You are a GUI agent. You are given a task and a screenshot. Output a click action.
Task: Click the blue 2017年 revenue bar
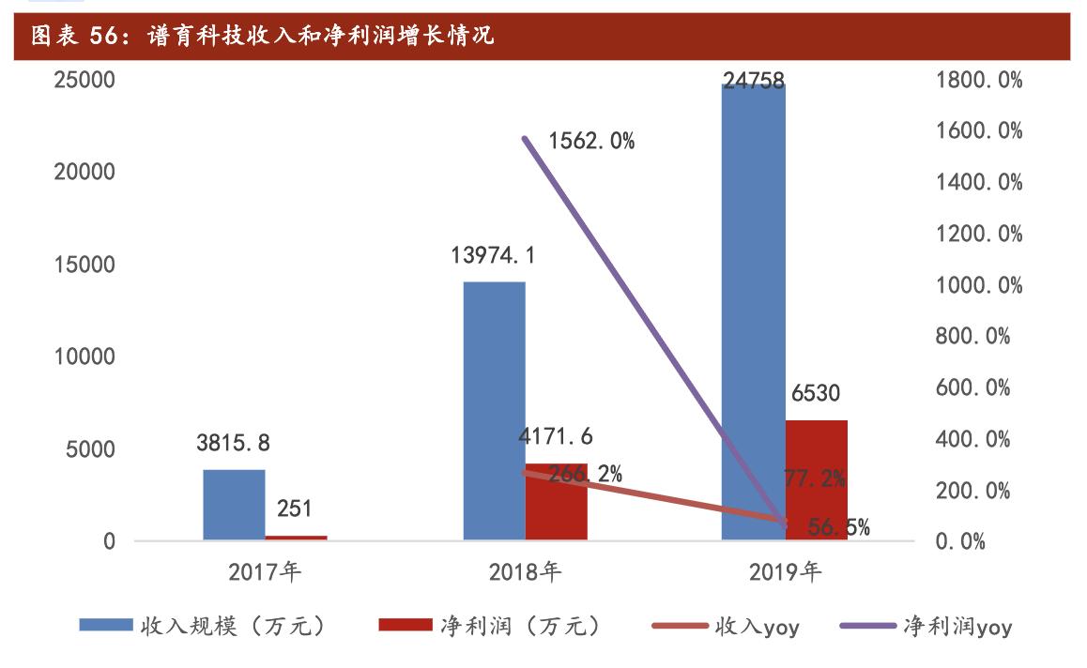[234, 505]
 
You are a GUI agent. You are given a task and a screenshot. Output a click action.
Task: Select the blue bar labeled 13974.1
[494, 410]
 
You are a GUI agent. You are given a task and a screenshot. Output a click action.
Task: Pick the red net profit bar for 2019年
[816, 479]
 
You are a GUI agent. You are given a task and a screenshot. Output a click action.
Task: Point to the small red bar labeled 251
[296, 538]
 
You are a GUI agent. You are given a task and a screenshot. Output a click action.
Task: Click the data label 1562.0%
[591, 142]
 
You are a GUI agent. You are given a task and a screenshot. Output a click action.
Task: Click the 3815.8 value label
[233, 443]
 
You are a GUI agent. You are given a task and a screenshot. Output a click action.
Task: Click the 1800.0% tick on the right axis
[978, 80]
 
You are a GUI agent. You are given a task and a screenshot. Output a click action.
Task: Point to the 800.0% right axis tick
[972, 336]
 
